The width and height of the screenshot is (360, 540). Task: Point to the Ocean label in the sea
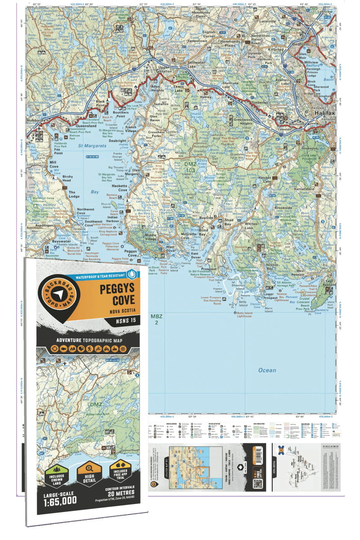tap(267, 370)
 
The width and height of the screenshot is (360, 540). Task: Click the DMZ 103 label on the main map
tap(190, 167)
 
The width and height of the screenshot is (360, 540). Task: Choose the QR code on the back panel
tap(257, 484)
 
